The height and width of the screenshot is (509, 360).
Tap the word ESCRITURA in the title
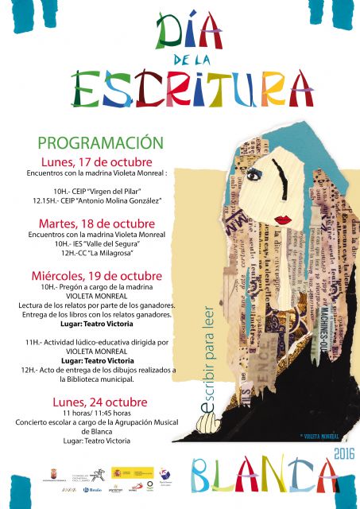191,89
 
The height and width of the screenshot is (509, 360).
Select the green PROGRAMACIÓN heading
100,143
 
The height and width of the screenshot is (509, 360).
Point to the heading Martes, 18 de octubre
96,223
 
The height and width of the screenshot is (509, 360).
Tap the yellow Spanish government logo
132,473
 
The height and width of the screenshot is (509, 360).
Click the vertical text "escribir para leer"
209,350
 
